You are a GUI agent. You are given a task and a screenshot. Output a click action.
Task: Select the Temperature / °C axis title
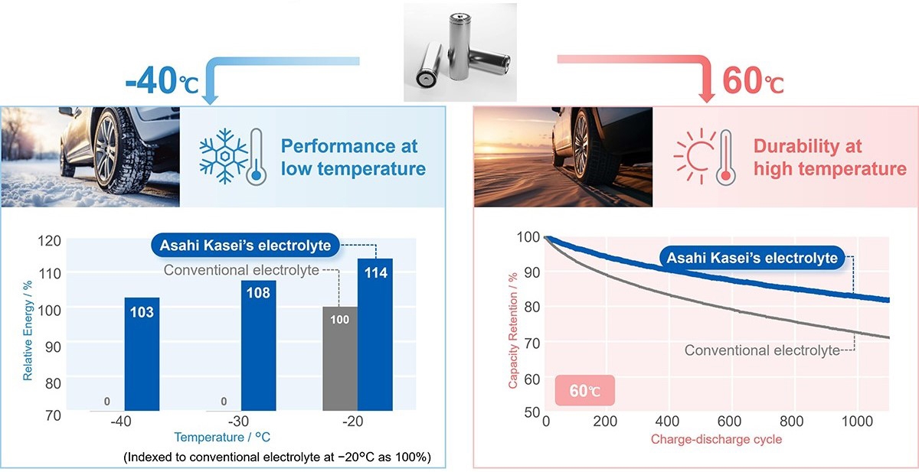point(222,438)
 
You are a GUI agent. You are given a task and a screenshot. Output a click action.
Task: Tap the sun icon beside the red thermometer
point(692,156)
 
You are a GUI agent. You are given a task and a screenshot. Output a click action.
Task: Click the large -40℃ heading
point(162,81)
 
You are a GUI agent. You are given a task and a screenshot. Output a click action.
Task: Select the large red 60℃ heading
point(753,81)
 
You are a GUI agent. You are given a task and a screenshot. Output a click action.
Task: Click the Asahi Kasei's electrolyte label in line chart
point(752,259)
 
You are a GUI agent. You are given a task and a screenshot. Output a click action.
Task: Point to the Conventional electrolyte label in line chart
point(761,350)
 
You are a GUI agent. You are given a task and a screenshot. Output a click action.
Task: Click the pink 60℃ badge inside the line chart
point(584,391)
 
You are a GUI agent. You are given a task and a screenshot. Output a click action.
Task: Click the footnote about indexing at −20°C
point(278,457)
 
